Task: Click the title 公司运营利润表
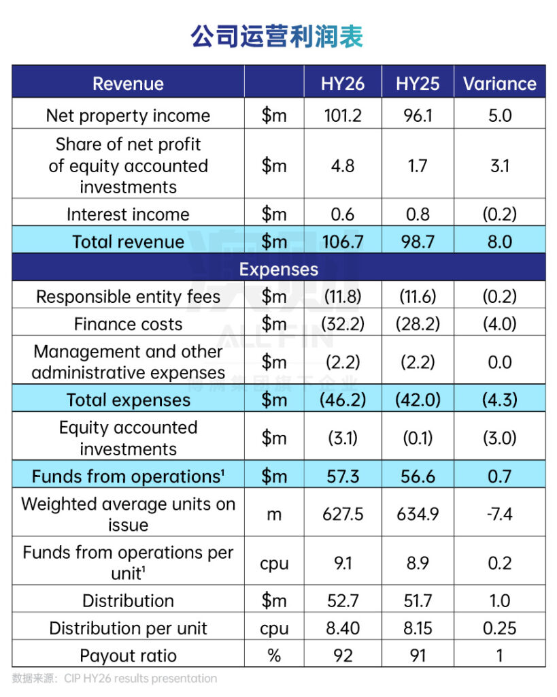click(277, 36)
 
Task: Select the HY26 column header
click(343, 84)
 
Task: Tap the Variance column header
click(500, 84)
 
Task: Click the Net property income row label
click(128, 116)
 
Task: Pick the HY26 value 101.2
click(343, 116)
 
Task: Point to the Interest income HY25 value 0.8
click(418, 214)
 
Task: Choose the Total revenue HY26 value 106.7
click(343, 242)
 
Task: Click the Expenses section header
click(278, 269)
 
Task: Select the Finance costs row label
click(128, 324)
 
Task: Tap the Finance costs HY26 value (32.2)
click(343, 324)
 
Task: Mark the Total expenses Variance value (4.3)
click(500, 400)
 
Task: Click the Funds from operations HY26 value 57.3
click(343, 476)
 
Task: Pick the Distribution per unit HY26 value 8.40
click(343, 628)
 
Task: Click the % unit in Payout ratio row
click(274, 656)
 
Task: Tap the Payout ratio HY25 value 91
click(418, 656)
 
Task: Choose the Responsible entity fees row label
click(128, 297)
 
